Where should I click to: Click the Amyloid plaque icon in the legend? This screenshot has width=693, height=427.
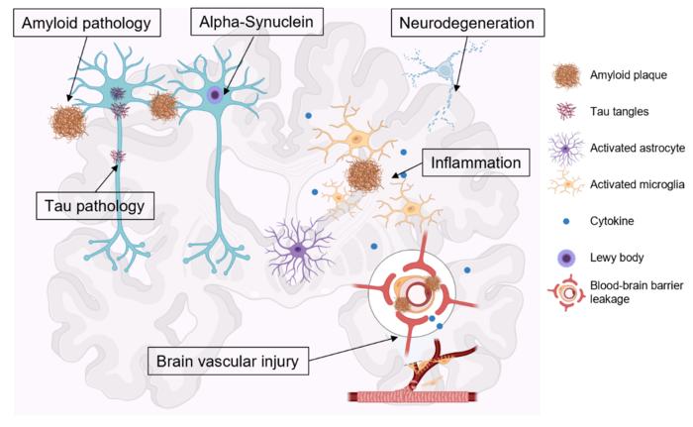coord(566,74)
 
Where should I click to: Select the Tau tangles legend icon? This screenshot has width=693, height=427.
coord(566,111)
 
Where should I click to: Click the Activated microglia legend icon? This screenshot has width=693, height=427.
coord(566,185)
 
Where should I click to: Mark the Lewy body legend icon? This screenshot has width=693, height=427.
coord(566,258)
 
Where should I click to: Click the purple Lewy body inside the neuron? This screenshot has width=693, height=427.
coord(215,95)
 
